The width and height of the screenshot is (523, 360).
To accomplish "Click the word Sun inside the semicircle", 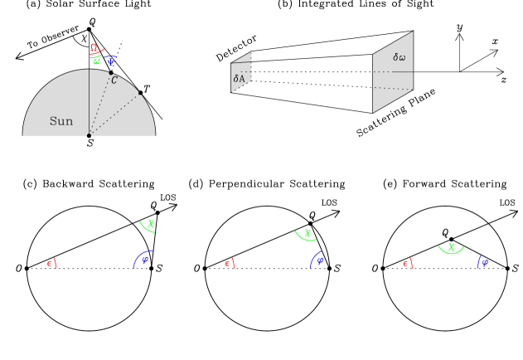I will [61, 121].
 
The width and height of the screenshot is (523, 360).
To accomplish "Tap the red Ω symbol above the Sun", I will [94, 48].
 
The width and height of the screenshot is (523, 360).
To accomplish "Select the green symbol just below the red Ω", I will [97, 61].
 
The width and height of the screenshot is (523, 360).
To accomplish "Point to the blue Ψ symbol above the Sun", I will [110, 61].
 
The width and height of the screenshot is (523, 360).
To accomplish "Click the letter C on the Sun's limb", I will [114, 80].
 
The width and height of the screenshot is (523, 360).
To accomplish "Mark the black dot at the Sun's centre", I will [89, 135].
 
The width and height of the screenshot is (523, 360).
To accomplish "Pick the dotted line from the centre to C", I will [99, 105].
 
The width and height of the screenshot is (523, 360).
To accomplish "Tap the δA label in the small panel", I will [239, 79].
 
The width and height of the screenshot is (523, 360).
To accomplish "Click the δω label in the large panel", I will [400, 57].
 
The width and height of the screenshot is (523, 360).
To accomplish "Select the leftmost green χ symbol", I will [151, 223].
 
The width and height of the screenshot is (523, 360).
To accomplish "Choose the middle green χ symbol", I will [308, 233].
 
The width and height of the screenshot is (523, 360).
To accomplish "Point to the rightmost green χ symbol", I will [452, 246].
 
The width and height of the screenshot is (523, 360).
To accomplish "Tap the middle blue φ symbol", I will [320, 260].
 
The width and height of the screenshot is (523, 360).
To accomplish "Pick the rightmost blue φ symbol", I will [485, 262].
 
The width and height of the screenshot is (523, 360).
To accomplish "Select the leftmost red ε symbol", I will [51, 263].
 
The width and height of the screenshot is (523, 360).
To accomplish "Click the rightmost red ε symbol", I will [407, 263].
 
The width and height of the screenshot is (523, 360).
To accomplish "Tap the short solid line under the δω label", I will [403, 71].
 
